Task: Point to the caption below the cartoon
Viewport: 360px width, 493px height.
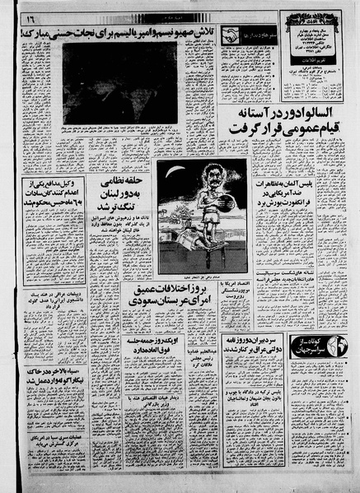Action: tap(203, 277)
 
